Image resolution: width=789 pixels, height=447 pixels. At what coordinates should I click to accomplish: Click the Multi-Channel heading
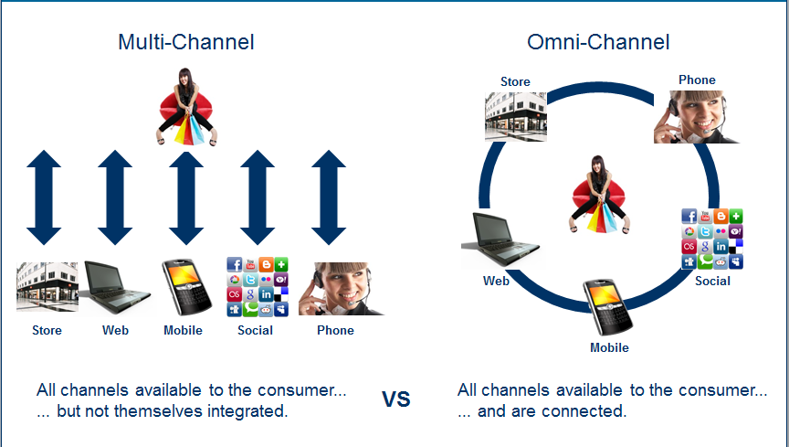coord(185,42)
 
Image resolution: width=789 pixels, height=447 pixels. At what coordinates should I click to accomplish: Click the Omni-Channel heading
coord(598,42)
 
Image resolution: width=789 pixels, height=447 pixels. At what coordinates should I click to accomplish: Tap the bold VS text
coord(396,399)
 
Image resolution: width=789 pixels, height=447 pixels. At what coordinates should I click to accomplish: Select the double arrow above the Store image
coord(44,197)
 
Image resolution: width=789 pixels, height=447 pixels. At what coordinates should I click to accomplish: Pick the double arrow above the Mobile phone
coord(186,197)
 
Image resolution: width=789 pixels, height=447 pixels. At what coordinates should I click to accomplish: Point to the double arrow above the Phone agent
coord(330,197)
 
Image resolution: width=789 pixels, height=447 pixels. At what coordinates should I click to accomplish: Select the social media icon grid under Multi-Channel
coord(256,286)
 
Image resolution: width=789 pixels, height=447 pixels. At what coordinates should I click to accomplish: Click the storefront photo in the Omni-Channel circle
coord(515,116)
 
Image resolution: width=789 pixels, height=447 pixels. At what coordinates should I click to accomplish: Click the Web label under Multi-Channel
coord(115,330)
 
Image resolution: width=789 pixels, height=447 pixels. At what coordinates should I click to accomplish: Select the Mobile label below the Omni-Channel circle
coord(609,347)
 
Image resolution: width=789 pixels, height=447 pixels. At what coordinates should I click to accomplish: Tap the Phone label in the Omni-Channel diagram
coord(697,80)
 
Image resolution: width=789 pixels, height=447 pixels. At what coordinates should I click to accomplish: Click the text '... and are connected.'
coord(542,411)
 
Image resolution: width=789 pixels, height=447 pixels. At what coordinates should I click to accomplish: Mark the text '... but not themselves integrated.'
coord(163,411)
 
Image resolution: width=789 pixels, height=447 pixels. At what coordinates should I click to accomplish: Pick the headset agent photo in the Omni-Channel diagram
coord(696,116)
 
